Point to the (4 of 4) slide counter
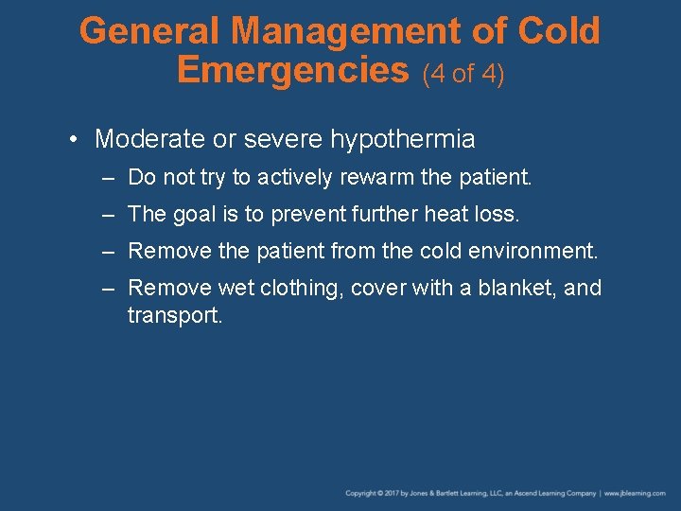pos(463,74)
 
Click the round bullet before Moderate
pos(74,140)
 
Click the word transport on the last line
pos(174,315)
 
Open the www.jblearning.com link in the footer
pos(639,493)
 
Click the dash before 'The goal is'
pos(112,215)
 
